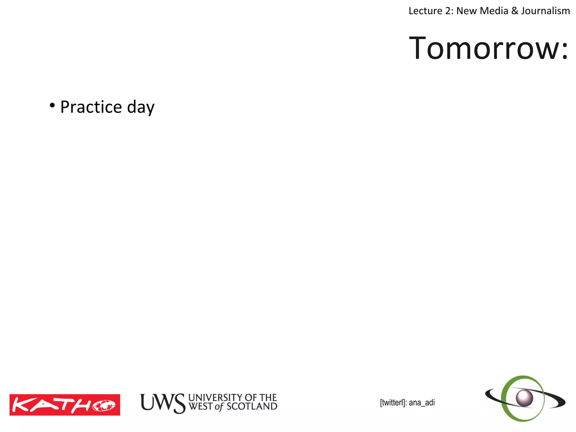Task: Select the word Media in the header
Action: click(494, 11)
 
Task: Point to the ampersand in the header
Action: click(515, 11)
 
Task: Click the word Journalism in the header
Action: click(546, 11)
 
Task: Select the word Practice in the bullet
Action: click(91, 107)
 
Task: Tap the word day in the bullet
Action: click(141, 107)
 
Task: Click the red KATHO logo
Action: click(65, 405)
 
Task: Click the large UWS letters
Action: click(163, 403)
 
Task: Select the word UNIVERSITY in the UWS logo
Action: click(216, 397)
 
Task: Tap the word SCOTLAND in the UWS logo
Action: click(252, 406)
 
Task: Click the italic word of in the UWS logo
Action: click(219, 407)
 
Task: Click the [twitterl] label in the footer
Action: click(392, 402)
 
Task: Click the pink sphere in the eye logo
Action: click(524, 398)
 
